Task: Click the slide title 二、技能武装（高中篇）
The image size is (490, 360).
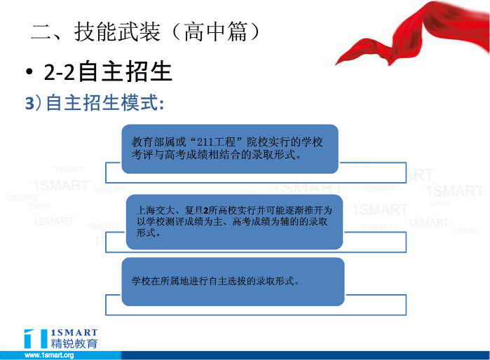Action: (x=145, y=32)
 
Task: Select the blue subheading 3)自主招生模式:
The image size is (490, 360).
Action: (x=95, y=102)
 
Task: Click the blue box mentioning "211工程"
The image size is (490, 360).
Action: (x=230, y=149)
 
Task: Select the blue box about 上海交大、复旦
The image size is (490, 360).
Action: (x=234, y=222)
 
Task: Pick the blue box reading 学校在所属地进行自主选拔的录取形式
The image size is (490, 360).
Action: (x=233, y=282)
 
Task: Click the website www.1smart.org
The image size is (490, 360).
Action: (x=49, y=355)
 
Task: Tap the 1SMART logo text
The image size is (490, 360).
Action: (x=74, y=333)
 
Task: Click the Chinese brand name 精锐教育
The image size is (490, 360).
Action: (x=74, y=343)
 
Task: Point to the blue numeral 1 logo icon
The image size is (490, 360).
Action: (x=36, y=338)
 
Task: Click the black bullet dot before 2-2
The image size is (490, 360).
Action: (x=29, y=72)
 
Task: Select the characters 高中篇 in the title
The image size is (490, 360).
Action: (x=216, y=32)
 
